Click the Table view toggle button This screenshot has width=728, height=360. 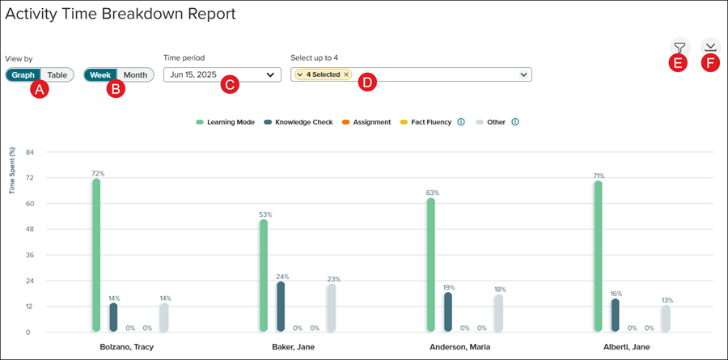click(x=57, y=74)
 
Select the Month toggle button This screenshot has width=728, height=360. click(x=135, y=74)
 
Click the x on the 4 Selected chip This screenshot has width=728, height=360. click(x=346, y=74)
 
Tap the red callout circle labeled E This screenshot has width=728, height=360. click(x=679, y=62)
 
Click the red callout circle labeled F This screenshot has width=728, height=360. click(x=709, y=62)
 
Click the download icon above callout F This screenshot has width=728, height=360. click(x=709, y=46)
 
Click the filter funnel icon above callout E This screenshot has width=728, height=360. click(x=679, y=46)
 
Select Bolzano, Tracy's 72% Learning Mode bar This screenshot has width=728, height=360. click(x=96, y=255)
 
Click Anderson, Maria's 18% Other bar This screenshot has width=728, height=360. click(x=498, y=312)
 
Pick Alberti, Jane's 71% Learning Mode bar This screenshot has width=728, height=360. click(x=598, y=256)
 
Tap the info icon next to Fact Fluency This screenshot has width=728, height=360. click(x=460, y=122)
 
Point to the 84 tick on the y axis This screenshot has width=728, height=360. click(x=29, y=152)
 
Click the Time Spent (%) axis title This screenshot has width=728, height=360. click(x=12, y=170)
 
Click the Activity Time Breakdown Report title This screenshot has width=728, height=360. click(x=121, y=14)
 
